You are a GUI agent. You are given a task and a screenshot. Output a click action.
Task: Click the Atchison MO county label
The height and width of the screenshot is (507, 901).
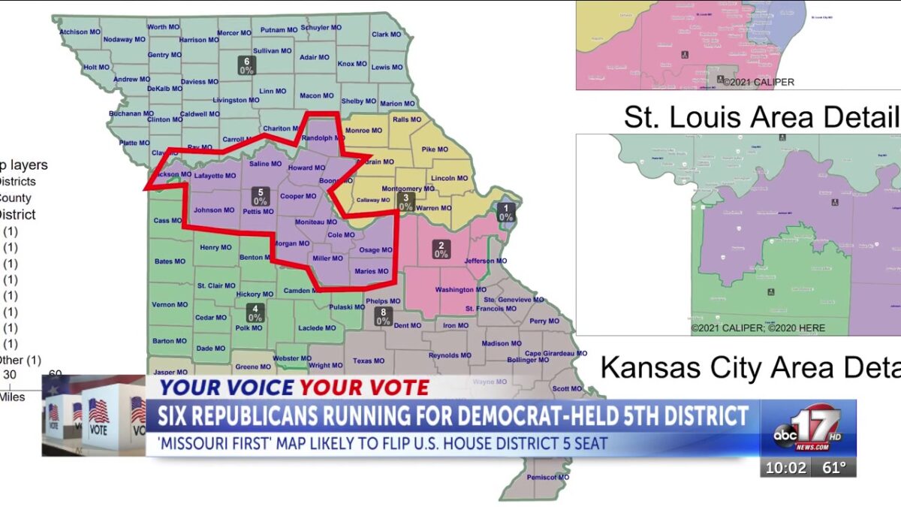[x=80, y=32]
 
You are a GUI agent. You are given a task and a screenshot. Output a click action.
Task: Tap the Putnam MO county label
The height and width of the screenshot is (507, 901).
[x=279, y=30]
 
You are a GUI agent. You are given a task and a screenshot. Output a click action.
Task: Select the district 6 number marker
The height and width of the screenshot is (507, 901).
[x=247, y=65]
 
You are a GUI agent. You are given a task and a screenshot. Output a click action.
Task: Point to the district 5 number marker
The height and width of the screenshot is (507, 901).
[x=261, y=196]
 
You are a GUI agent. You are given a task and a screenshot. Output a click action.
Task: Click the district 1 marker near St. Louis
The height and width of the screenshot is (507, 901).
[x=506, y=213]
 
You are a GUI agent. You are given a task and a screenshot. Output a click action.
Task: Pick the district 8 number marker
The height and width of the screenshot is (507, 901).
[x=383, y=316]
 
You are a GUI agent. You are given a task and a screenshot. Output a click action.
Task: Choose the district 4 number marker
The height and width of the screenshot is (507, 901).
[x=255, y=312]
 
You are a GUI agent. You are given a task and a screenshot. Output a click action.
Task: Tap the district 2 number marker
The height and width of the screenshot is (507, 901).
[x=441, y=249]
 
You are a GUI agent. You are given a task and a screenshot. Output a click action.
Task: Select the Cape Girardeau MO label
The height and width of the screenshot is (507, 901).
[x=556, y=353]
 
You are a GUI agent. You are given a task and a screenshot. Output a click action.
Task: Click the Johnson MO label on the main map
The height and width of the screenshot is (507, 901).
[x=214, y=210]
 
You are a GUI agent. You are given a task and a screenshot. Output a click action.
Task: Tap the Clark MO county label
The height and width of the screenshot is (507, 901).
[x=386, y=35]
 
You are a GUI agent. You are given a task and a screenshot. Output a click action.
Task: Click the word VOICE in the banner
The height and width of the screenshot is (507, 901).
[x=255, y=388]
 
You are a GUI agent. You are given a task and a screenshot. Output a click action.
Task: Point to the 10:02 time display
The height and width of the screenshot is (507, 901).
[x=786, y=468]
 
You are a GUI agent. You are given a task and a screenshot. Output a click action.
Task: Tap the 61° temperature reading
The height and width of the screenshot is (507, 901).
[x=833, y=468]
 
